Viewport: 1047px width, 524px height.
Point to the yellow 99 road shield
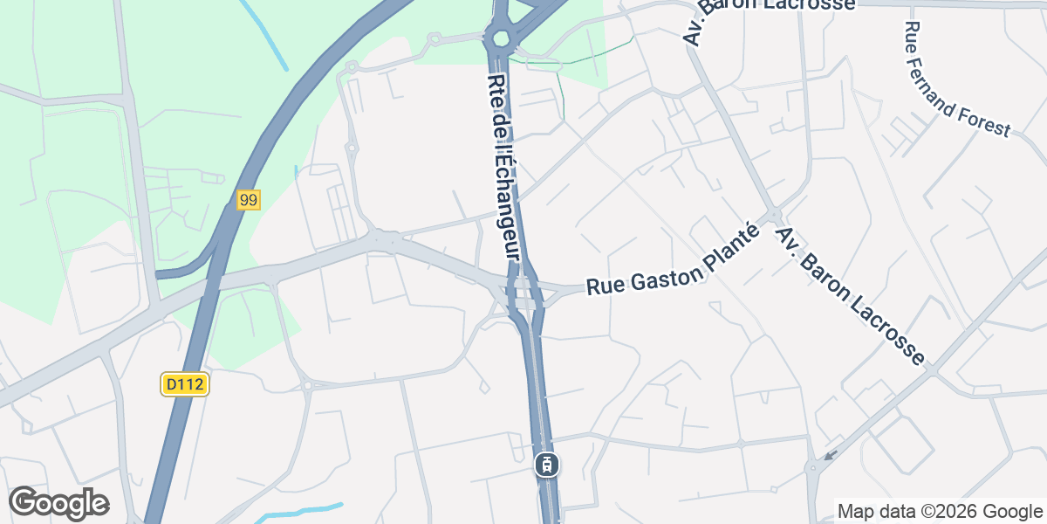[x=249, y=201]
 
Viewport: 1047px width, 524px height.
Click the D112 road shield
[x=186, y=384]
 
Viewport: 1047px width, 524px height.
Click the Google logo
[x=58, y=503]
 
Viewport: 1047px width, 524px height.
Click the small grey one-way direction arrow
[x=830, y=455]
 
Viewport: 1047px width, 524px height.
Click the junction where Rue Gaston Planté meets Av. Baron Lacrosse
[x=773, y=215]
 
